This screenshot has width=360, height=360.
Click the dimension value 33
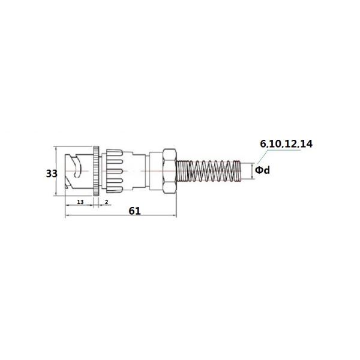pos(52,173)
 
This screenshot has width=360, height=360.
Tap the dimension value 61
pos(134,211)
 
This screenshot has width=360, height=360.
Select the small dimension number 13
pos(80,202)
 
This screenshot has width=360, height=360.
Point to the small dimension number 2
pos(106,202)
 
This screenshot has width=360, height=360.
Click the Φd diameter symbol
pos(263,170)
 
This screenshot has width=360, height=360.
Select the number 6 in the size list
pos(263,144)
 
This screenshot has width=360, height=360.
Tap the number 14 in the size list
pos(305,144)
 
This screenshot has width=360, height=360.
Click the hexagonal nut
pos(170,171)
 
